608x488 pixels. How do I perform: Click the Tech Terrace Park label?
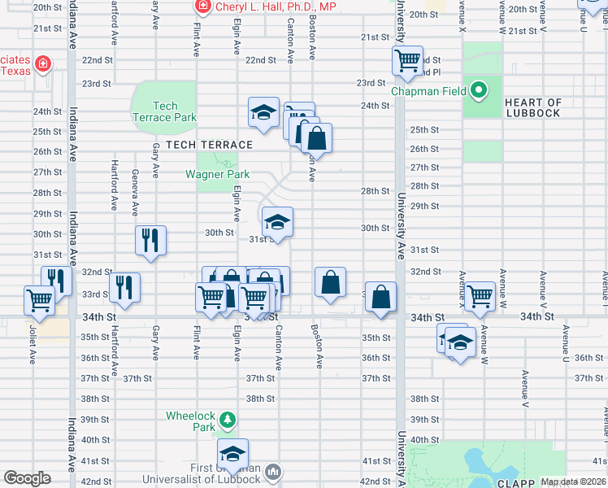[164, 111]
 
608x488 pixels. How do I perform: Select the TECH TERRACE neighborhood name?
[209, 145]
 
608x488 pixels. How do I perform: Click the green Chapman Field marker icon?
[479, 90]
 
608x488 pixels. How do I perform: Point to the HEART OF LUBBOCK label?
[532, 107]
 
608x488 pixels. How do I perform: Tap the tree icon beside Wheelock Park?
[229, 419]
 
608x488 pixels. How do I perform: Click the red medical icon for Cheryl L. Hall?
[202, 7]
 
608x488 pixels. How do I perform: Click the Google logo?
[27, 478]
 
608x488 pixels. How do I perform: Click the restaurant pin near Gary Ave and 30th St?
[150, 240]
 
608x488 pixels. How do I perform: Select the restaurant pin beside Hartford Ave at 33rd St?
[124, 287]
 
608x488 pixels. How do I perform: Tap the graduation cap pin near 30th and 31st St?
[277, 222]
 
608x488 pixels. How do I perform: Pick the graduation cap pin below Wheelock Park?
[232, 453]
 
